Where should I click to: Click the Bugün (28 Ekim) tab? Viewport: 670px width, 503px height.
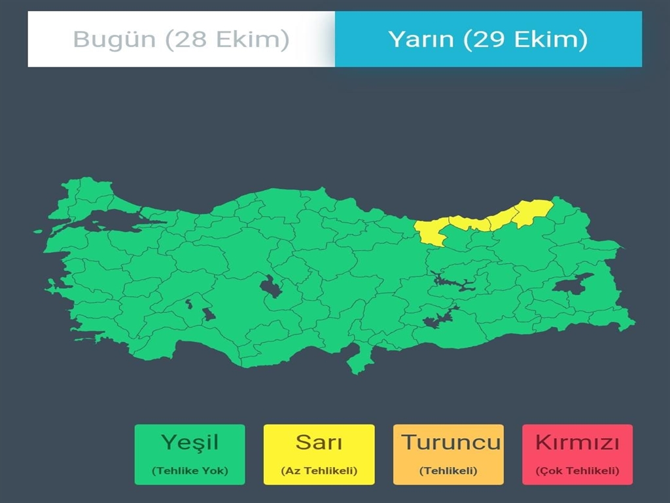click(x=181, y=39)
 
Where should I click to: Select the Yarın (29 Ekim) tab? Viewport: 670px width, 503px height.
click(x=488, y=39)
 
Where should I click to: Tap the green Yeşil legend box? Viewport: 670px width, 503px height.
click(x=190, y=455)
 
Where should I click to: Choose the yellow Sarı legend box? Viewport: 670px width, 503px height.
click(x=319, y=455)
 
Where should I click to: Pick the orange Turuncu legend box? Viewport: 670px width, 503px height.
click(x=448, y=455)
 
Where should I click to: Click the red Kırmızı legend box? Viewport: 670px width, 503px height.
click(x=577, y=455)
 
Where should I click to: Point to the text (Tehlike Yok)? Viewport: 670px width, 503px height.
click(x=190, y=471)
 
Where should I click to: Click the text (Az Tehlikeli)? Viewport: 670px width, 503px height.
click(x=319, y=471)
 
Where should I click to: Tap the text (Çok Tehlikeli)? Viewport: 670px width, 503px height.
click(x=577, y=471)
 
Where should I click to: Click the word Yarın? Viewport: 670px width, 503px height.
click(x=421, y=39)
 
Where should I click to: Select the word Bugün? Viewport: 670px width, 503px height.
click(x=114, y=39)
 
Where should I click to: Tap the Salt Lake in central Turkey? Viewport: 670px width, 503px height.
click(x=269, y=287)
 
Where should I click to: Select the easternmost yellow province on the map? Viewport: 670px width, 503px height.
click(x=533, y=211)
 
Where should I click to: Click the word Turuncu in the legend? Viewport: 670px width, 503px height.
click(x=451, y=442)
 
